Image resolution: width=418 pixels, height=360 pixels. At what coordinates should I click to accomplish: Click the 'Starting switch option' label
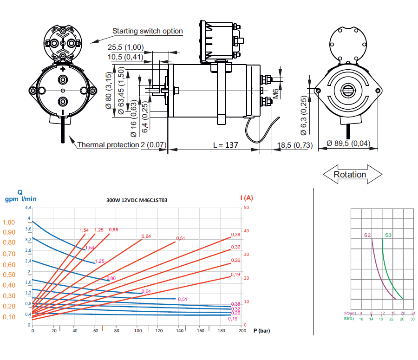click(148, 31)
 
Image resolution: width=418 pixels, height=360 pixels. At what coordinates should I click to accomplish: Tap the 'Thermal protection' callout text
click(108, 145)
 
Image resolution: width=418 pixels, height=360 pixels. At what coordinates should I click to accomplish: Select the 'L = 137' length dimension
click(225, 145)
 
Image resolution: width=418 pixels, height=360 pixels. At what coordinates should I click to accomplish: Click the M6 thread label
click(275, 93)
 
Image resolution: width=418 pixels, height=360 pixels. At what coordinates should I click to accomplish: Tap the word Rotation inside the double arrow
click(350, 175)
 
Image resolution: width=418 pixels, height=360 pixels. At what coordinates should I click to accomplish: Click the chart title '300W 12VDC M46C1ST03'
click(137, 200)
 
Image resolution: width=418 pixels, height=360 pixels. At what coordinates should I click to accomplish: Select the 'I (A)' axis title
click(247, 198)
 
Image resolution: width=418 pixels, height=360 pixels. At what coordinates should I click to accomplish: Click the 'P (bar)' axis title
click(261, 331)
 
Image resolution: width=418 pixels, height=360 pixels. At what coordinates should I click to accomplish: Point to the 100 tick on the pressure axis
click(137, 331)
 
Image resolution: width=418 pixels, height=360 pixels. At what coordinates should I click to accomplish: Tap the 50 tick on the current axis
click(247, 207)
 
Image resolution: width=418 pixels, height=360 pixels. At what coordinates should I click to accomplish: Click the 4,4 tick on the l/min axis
click(28, 207)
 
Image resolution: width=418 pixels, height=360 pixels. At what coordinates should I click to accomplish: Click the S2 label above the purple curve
click(367, 236)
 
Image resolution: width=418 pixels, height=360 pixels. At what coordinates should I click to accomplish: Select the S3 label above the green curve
click(388, 236)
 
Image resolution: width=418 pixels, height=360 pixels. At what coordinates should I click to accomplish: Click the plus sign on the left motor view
click(63, 69)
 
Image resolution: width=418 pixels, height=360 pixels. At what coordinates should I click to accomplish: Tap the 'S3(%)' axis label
click(349, 319)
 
